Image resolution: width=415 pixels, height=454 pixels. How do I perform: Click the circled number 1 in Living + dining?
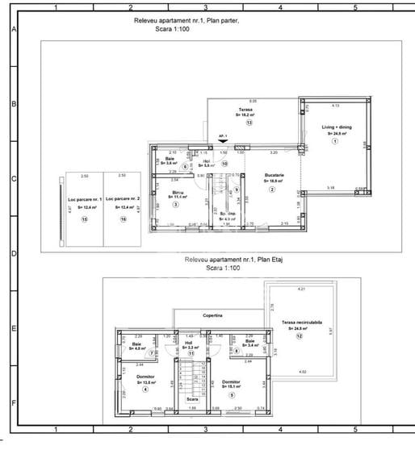tap(333, 142)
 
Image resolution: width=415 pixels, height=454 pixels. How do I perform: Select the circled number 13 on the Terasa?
tap(249, 123)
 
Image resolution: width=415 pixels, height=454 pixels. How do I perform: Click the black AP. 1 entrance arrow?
tap(224, 142)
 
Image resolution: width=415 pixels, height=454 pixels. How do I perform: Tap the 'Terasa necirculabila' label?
tap(301, 322)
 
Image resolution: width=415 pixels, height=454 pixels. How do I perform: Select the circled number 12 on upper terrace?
tap(300, 337)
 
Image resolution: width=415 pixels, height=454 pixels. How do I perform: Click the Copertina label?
tap(212, 316)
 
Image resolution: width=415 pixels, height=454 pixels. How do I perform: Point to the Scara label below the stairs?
tap(192, 399)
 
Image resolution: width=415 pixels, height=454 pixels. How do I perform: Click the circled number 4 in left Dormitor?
tap(145, 389)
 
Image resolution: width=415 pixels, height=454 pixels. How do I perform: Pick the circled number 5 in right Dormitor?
tap(231, 394)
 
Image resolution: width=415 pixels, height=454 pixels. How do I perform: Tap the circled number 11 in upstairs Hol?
tap(191, 353)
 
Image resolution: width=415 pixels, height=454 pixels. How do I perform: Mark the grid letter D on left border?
tap(12, 253)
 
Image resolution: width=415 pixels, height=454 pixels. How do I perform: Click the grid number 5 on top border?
tap(355, 6)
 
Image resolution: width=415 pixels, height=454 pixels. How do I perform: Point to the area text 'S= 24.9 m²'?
tap(333, 134)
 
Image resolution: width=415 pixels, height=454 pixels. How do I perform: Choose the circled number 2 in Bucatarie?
tap(272, 190)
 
